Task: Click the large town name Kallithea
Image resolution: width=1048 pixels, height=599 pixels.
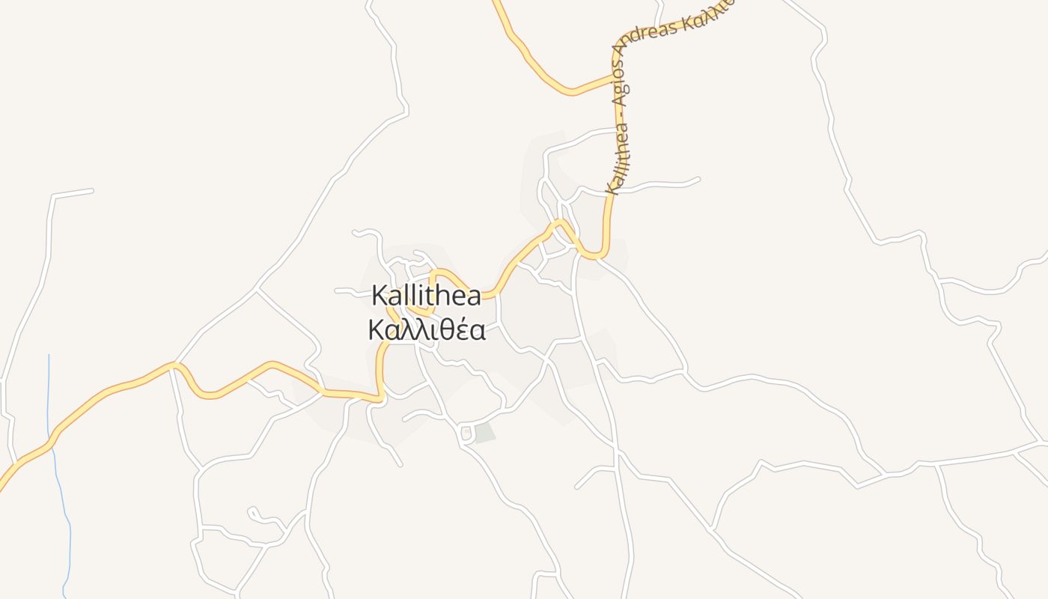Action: click(x=426, y=296)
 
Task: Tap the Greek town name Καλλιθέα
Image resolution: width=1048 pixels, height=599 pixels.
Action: click(x=426, y=329)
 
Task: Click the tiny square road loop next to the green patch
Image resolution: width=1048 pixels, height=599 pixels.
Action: click(x=466, y=433)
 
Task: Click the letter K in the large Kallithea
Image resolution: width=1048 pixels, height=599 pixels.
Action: click(x=380, y=296)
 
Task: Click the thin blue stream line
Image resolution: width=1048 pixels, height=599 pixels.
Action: click(x=49, y=389)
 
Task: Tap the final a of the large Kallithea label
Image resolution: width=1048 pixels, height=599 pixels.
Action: click(x=473, y=296)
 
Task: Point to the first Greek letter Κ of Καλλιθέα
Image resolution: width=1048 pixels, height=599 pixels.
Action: click(x=377, y=329)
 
